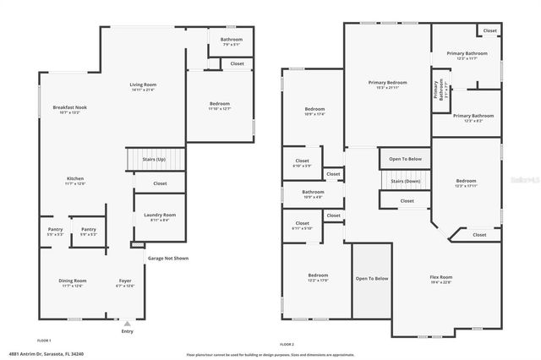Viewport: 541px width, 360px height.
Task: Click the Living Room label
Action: tap(142, 87)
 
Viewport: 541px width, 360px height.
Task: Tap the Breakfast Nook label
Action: tap(69, 109)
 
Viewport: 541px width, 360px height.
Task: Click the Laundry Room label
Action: tap(159, 217)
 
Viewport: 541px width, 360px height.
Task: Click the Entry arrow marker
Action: tap(128, 323)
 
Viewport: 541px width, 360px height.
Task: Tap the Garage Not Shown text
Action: tap(168, 258)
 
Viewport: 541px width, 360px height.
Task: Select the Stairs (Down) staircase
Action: tap(406, 180)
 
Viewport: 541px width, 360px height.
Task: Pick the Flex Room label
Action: tap(440, 279)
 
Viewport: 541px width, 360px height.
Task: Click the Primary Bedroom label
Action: tap(387, 85)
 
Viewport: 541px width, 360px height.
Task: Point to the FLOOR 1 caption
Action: tap(44, 341)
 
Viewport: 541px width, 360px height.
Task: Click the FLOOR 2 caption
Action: tap(287, 344)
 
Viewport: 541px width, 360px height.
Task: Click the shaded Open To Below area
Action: tap(372, 279)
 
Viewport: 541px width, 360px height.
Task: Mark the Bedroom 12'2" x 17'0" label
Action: tap(318, 277)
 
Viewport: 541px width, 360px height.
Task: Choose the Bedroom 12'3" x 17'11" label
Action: tap(466, 183)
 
